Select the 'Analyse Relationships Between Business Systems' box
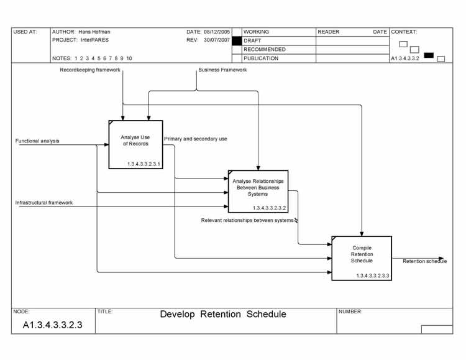coord(258,191)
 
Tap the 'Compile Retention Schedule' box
coord(362,258)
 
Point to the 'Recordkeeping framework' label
coord(90,70)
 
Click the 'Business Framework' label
coord(222,70)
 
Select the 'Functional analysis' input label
coord(38,141)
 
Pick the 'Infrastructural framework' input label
coord(44,203)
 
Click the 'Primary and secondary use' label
coord(196,139)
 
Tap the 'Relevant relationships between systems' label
coord(247,220)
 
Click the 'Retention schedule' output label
coord(424,261)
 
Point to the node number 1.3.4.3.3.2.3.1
coord(144,164)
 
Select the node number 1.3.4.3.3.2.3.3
coord(373,275)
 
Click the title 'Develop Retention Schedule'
coord(223,315)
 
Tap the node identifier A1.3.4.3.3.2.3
coord(53,325)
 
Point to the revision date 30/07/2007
coord(217,40)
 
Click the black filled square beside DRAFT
coord(237,40)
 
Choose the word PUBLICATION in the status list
coord(261,58)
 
